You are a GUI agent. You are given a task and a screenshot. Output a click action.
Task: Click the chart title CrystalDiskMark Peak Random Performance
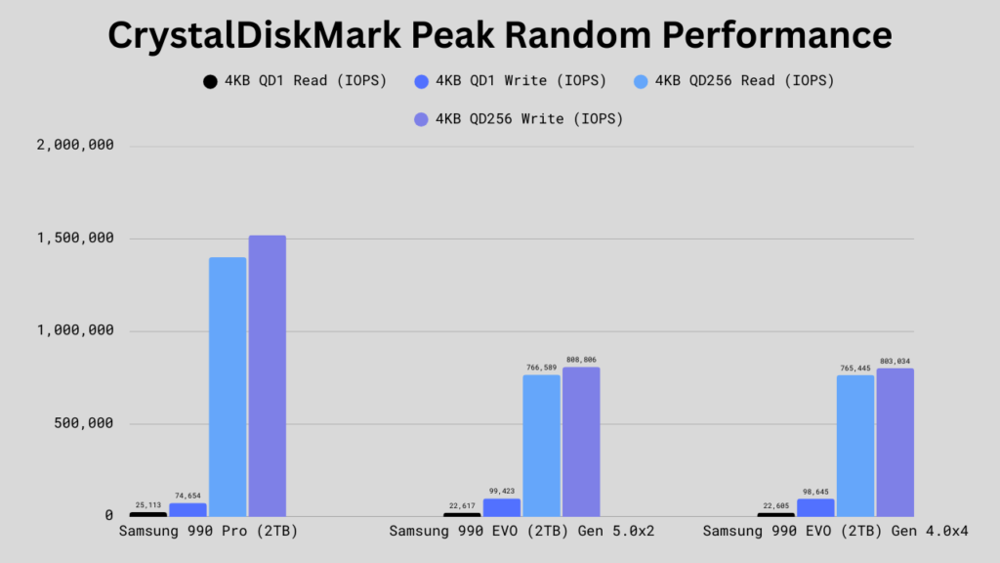pyautogui.click(x=499, y=34)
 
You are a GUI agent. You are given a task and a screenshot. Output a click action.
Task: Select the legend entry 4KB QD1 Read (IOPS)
pyautogui.click(x=295, y=81)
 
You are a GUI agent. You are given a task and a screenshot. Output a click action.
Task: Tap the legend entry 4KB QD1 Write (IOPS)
pyautogui.click(x=510, y=81)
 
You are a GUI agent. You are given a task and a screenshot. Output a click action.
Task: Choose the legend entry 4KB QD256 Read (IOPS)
pyautogui.click(x=734, y=81)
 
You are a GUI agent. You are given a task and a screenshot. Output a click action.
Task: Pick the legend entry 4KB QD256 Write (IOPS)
pyautogui.click(x=519, y=119)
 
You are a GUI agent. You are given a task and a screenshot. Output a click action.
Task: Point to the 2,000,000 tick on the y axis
pyautogui.click(x=75, y=145)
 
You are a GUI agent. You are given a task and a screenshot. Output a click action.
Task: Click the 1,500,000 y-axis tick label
pyautogui.click(x=75, y=238)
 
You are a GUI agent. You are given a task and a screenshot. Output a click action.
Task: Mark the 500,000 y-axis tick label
pyautogui.click(x=84, y=423)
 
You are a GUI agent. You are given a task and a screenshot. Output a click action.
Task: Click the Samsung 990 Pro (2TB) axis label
pyautogui.click(x=209, y=531)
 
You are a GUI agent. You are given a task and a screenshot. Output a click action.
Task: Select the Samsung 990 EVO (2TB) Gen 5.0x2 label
pyautogui.click(x=521, y=531)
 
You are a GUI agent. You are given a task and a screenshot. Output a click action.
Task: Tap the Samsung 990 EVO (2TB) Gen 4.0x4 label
pyautogui.click(x=836, y=531)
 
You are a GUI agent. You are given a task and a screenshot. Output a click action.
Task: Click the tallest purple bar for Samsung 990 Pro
pyautogui.click(x=268, y=376)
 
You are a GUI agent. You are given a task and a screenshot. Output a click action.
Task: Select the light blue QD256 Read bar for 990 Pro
pyautogui.click(x=228, y=387)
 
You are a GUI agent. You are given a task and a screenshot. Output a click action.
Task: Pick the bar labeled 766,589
pyautogui.click(x=541, y=446)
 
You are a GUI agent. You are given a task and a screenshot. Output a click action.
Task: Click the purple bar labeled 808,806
pyautogui.click(x=581, y=442)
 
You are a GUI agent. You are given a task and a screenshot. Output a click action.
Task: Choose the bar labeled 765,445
pyautogui.click(x=855, y=446)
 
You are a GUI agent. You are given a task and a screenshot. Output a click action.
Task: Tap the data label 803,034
pyautogui.click(x=895, y=362)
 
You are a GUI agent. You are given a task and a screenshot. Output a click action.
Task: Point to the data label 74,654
pyautogui.click(x=187, y=496)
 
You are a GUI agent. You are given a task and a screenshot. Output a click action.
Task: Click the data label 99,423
pyautogui.click(x=502, y=492)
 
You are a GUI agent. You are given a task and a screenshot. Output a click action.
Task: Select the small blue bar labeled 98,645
pyautogui.click(x=815, y=507)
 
